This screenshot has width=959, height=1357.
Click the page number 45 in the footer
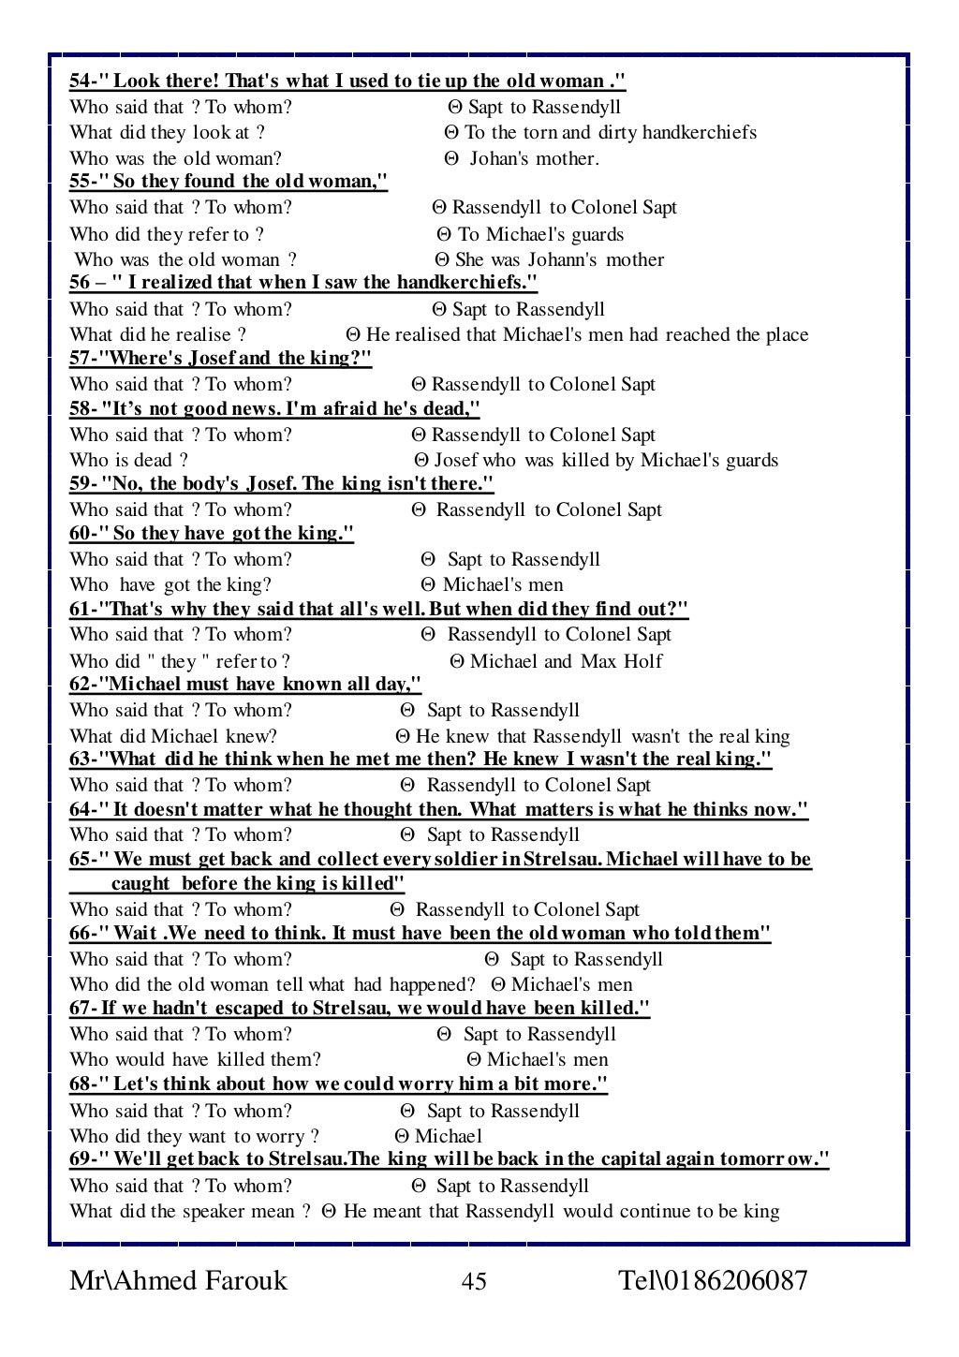coord(474,1281)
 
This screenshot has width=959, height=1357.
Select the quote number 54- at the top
coord(86,81)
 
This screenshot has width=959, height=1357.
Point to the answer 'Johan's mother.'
coord(533,159)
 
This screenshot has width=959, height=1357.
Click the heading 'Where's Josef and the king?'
coord(235,359)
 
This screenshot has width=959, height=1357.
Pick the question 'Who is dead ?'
coord(128,460)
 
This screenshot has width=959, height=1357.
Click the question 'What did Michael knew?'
coord(173,737)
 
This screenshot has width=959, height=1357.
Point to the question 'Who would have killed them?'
coord(195,1060)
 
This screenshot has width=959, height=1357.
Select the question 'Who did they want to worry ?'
coord(194,1137)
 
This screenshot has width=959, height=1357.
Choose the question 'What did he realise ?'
coord(157,334)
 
